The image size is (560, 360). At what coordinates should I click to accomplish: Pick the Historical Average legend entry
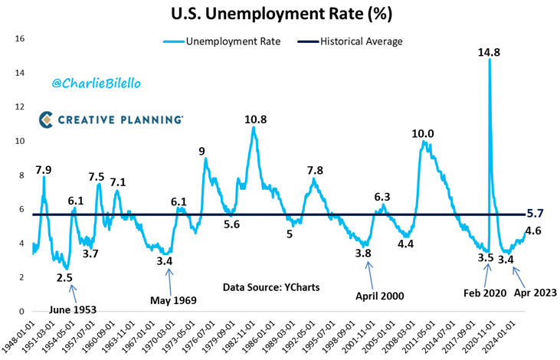(x=360, y=41)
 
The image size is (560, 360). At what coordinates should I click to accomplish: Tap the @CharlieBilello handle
(x=90, y=80)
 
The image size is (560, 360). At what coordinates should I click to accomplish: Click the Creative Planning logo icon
(x=46, y=119)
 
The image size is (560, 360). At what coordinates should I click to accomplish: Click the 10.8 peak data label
(x=255, y=119)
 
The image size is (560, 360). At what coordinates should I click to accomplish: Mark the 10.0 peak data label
(x=423, y=134)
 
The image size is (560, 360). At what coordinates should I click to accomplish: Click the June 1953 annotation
(x=73, y=309)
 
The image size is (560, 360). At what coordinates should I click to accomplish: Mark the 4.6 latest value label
(x=534, y=230)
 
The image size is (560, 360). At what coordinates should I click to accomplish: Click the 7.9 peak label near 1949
(x=44, y=169)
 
